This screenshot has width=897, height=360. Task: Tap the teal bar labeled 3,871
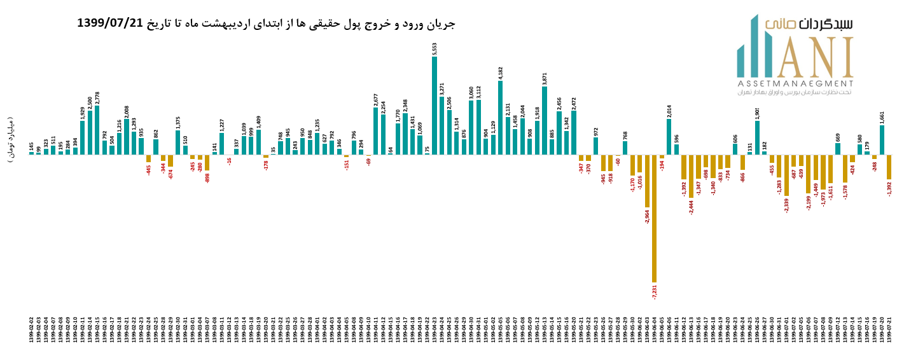click(545, 120)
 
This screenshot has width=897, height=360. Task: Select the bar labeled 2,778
click(97, 130)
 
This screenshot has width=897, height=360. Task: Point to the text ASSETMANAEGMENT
click(795, 83)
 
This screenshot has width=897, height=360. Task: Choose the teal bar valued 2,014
click(669, 137)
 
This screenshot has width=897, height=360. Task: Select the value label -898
click(207, 177)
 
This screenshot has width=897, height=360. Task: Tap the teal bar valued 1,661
click(882, 140)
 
